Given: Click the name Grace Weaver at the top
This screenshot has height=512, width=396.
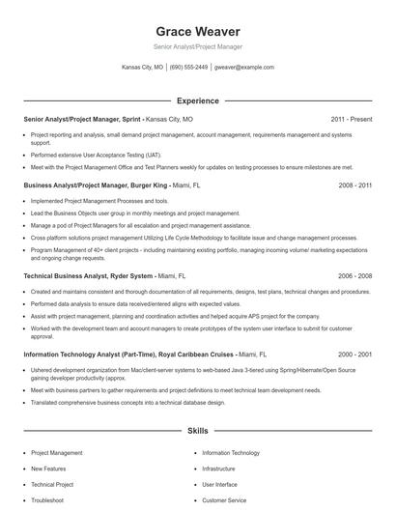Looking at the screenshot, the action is click(197, 31).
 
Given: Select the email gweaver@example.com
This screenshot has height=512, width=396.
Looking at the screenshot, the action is click(244, 68).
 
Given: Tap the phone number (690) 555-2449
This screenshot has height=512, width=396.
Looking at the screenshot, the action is click(188, 68).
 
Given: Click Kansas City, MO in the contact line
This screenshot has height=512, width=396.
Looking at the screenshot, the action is click(142, 68).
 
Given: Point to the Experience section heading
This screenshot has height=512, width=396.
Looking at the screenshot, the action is click(197, 100).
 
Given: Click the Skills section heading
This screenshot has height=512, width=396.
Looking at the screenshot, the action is click(197, 430).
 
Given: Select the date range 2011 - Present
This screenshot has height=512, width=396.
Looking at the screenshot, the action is click(351, 119).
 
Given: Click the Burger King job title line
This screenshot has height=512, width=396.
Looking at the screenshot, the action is click(112, 184).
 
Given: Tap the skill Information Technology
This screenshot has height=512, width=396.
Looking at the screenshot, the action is click(231, 452).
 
